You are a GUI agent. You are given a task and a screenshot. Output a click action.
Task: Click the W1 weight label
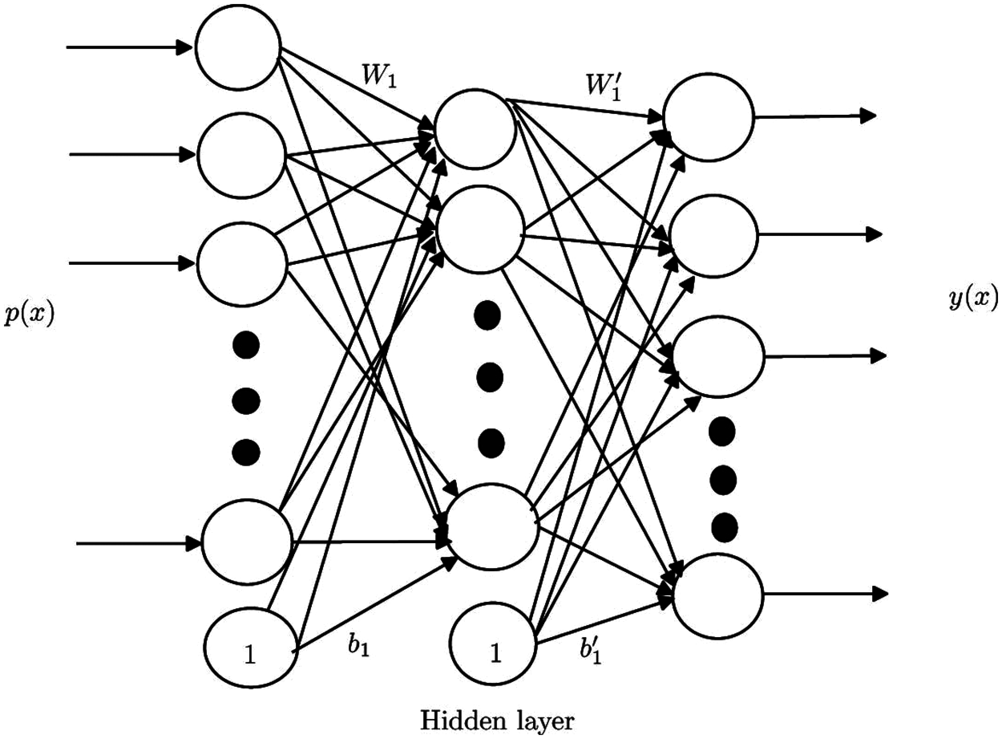pos(380,76)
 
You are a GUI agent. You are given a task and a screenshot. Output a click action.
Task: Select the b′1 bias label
pos(590,652)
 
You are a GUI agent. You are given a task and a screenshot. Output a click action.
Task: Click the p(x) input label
pos(29,316)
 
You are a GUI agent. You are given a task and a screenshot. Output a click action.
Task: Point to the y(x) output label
pos(973,299)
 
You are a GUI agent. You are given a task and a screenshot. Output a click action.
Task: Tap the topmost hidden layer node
pos(475,129)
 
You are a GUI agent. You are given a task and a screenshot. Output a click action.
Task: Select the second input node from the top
pos(242,155)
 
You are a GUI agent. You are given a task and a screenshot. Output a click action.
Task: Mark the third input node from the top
pos(242,264)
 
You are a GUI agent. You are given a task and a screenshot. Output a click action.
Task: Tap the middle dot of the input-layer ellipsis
pos(246,400)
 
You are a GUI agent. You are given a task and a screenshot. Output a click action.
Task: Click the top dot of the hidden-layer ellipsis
pos(487,316)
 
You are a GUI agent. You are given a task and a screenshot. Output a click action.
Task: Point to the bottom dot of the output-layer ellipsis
pos(724,528)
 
